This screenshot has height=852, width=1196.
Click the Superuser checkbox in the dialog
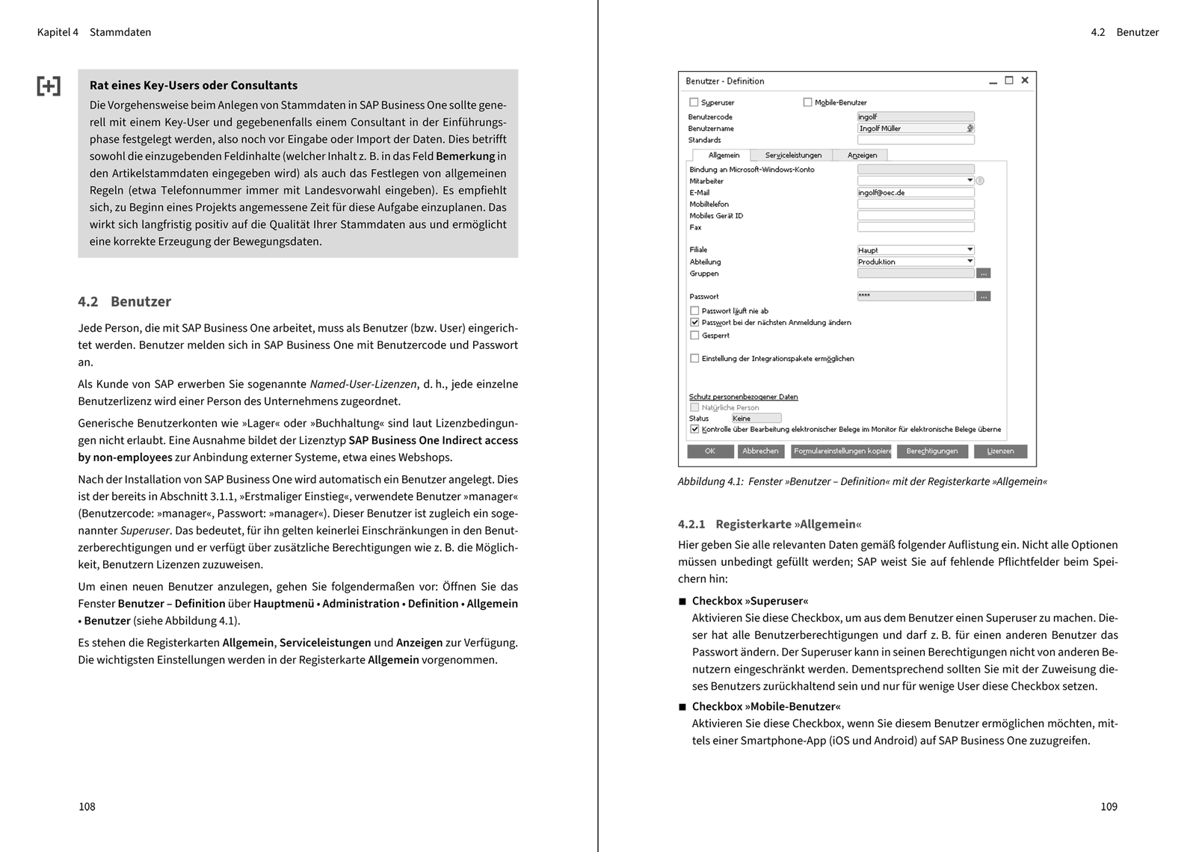point(694,102)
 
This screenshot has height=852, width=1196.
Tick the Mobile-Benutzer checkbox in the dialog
point(807,102)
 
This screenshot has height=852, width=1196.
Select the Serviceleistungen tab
point(793,155)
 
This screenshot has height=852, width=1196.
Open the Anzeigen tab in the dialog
point(862,155)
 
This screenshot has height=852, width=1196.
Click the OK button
point(710,451)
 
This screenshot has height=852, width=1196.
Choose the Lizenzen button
point(1000,451)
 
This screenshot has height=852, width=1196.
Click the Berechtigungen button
point(931,451)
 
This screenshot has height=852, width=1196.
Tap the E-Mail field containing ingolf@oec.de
point(916,193)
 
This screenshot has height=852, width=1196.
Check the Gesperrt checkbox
point(694,336)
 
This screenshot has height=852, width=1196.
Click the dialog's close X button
point(1025,81)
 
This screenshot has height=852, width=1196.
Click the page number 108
point(87,806)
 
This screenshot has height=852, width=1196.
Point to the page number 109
point(1109,806)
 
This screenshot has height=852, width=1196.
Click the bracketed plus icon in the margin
point(49,86)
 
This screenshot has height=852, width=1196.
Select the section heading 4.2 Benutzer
point(124,302)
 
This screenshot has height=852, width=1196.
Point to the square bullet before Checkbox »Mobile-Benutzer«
point(682,707)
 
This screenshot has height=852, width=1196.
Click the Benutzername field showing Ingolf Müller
point(912,129)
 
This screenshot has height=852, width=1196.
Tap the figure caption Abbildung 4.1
point(862,482)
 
